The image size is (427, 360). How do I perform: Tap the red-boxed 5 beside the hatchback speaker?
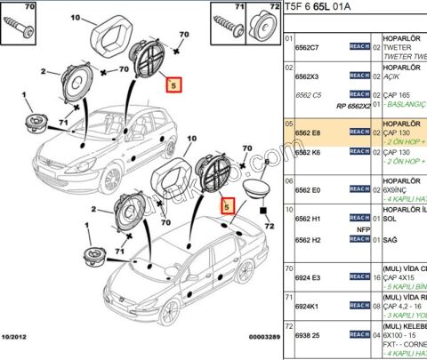(173, 85)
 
